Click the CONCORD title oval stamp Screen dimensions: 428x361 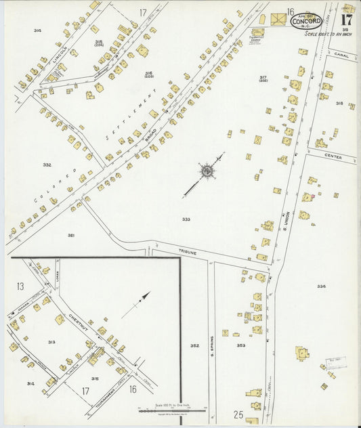tap(306, 21)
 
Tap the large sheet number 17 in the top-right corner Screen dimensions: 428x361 tap(346, 20)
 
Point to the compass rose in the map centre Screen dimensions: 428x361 tap(207, 170)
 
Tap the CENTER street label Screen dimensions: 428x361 tap(333, 156)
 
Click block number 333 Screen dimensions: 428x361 tap(186, 219)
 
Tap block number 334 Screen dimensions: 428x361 tap(321, 286)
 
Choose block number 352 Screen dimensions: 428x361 tap(194, 345)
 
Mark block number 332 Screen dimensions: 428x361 tap(47, 165)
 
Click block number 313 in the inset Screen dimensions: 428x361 tap(51, 342)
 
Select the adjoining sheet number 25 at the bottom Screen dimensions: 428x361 tap(238, 414)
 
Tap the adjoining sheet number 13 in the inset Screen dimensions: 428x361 tap(20, 286)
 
